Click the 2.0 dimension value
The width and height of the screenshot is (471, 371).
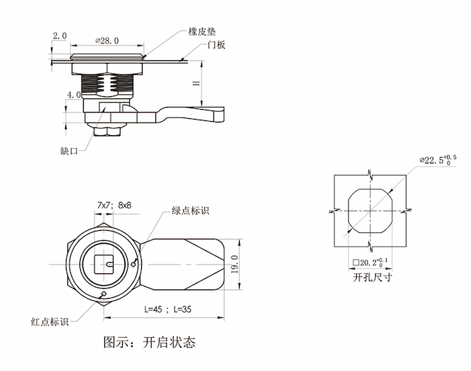coord(59,35)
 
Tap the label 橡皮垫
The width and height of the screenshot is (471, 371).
coord(201,31)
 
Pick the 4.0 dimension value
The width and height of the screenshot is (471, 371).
coord(73,94)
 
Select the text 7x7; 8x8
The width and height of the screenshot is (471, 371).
coord(115,205)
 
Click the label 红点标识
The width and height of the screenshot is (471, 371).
coord(49,321)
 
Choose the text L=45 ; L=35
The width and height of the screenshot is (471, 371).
coord(167,309)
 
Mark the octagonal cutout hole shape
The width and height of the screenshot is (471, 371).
coord(370,210)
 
